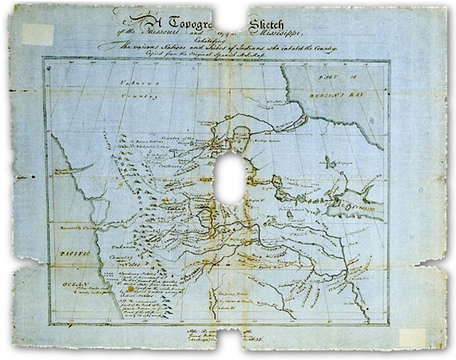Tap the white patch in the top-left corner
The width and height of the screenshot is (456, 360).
click(37, 33)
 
